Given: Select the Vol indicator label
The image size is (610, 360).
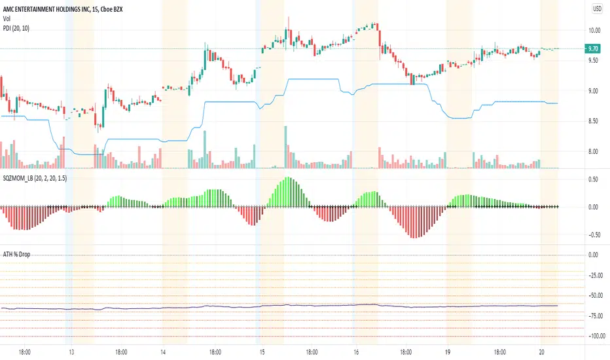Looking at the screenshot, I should pos(8,18).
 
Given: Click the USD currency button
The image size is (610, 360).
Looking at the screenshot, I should pos(598,9).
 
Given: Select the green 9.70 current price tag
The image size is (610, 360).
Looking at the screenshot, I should pos(594,48).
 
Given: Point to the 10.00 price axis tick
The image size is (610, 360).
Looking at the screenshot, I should pos(594,30).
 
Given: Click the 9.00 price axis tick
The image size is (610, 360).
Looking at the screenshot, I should pos(594,91).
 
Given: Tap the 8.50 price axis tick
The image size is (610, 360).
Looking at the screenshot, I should pos(594,121).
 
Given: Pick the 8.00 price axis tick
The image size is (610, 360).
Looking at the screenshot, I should pos(594,151).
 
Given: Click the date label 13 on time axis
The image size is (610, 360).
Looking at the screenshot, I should pos(71,351).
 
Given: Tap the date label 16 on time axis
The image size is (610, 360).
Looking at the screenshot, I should pos(355,351).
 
